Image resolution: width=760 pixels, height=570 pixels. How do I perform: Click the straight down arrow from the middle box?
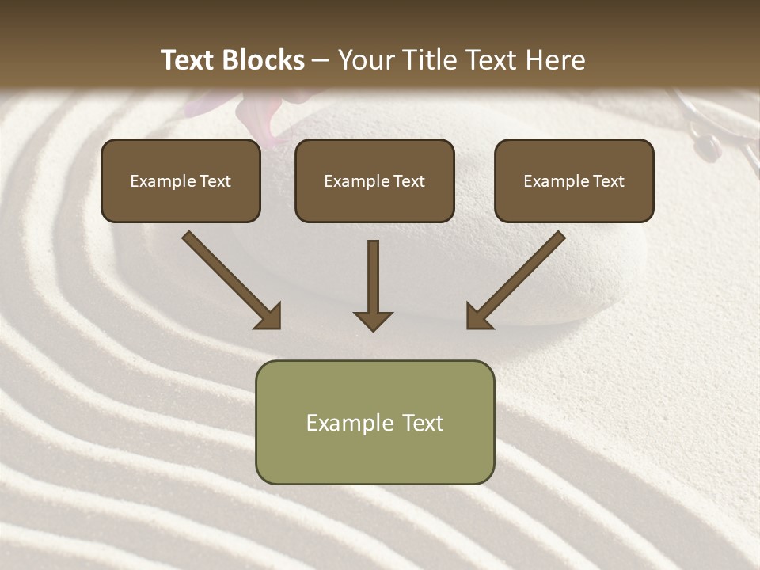[x=373, y=285]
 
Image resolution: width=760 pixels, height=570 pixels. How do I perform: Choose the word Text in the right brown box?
[x=609, y=181]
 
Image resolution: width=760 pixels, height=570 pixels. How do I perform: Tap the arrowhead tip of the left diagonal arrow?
[x=279, y=327]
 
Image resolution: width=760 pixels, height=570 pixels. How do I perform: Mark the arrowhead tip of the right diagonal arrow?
[x=468, y=327]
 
